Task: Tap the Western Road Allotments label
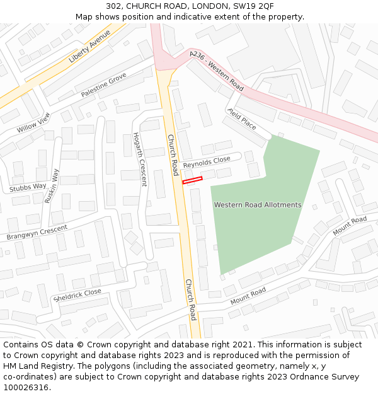coord(257,205)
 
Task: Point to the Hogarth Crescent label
coord(139,159)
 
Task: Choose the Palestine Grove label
coord(103,85)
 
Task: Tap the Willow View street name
coord(33,122)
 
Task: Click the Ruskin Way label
coord(52,185)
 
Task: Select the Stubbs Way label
coord(28,187)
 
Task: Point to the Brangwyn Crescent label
coord(37,232)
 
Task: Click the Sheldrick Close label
coord(77,295)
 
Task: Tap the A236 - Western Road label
coord(216,71)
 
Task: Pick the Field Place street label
coord(242,118)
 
